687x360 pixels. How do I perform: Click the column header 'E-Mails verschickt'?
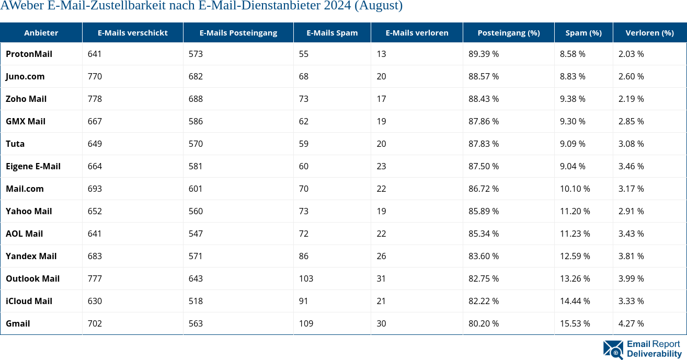[x=132, y=32]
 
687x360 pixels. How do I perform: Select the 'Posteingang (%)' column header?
[x=508, y=32]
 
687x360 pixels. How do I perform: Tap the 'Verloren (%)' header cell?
[x=649, y=32]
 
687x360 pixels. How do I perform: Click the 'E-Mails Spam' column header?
[x=332, y=32]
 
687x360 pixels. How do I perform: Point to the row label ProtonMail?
[x=29, y=54]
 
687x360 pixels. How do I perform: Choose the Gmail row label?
[x=18, y=323]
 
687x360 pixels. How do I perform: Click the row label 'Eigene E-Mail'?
[x=33, y=166]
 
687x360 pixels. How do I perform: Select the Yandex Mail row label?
[x=31, y=256]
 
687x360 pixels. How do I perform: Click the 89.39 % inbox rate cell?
[x=483, y=54]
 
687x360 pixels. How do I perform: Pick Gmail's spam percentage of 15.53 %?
[x=575, y=323]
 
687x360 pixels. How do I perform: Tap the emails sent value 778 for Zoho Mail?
[x=95, y=99]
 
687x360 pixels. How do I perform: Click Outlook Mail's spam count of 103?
[x=306, y=278]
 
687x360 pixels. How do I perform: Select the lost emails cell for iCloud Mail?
[x=381, y=301]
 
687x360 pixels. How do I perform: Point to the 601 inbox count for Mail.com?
[x=196, y=189]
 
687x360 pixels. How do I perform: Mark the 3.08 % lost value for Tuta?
[x=631, y=144]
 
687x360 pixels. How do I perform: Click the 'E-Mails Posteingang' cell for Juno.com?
[x=196, y=76]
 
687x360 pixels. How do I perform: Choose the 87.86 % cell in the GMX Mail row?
[x=483, y=121]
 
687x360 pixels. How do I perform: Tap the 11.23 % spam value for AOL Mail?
[x=575, y=234]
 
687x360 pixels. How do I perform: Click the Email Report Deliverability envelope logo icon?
[x=613, y=350]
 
